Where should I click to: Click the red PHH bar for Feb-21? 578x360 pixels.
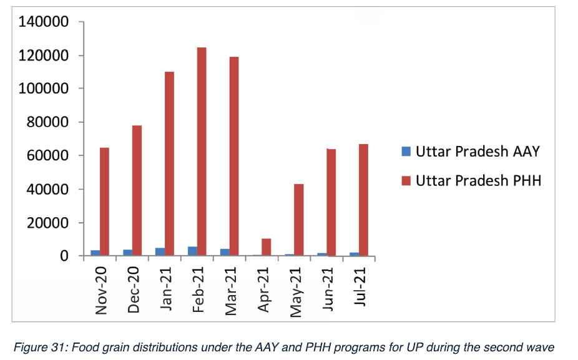(202, 152)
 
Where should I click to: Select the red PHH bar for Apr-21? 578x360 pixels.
(267, 247)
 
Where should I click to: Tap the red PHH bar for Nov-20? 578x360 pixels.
(104, 202)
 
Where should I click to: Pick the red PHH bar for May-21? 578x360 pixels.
(299, 220)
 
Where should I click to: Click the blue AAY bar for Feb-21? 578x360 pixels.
(192, 251)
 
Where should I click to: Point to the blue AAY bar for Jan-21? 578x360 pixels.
(160, 251)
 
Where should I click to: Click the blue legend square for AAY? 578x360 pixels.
(406, 151)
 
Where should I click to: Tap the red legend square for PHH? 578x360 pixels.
(406, 181)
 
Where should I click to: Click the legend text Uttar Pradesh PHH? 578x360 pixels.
(479, 181)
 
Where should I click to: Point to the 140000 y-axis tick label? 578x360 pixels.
(43, 22)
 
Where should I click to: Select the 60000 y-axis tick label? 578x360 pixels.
(47, 156)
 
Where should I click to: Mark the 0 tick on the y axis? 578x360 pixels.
(64, 256)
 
